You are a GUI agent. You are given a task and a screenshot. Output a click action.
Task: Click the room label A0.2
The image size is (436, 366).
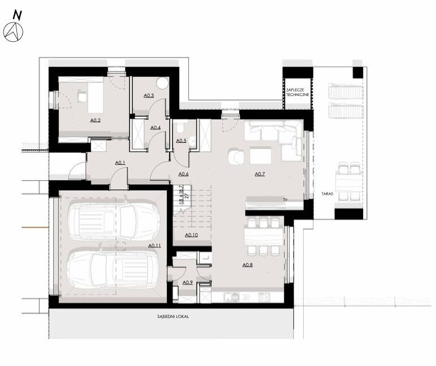[96, 120]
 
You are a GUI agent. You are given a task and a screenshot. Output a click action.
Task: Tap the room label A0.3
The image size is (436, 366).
[149, 95]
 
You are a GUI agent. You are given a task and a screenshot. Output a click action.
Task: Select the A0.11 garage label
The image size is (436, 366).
[154, 246]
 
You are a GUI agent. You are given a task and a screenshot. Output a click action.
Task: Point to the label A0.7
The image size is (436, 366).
[260, 174]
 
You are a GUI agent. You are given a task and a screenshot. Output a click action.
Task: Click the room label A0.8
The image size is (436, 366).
[248, 265]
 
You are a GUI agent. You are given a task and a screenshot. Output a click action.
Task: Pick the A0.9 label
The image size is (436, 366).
[188, 282]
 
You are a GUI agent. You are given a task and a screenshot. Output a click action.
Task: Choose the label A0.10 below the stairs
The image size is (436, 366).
[191, 235]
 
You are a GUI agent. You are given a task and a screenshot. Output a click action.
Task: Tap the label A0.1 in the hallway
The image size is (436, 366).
[120, 163]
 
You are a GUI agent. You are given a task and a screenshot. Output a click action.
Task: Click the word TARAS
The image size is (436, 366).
[327, 194]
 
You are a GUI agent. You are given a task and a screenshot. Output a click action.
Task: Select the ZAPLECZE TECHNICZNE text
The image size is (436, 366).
[297, 92]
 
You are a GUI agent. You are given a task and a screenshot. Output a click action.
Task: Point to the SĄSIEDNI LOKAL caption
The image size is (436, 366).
[173, 316]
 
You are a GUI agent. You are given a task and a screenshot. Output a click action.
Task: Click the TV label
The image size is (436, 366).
[285, 199]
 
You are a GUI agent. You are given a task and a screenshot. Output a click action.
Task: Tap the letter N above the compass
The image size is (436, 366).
[17, 15]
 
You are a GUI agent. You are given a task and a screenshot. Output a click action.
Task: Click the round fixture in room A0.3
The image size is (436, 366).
[162, 83]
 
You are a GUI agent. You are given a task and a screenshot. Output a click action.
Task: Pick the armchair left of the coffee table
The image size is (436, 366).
[236, 157]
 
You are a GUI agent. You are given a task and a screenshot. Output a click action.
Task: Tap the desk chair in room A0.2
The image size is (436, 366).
[82, 96]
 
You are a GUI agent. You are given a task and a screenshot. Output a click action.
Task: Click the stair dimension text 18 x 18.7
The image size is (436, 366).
[182, 195]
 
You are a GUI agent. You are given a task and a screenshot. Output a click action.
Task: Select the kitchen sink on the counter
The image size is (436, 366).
[232, 298]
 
